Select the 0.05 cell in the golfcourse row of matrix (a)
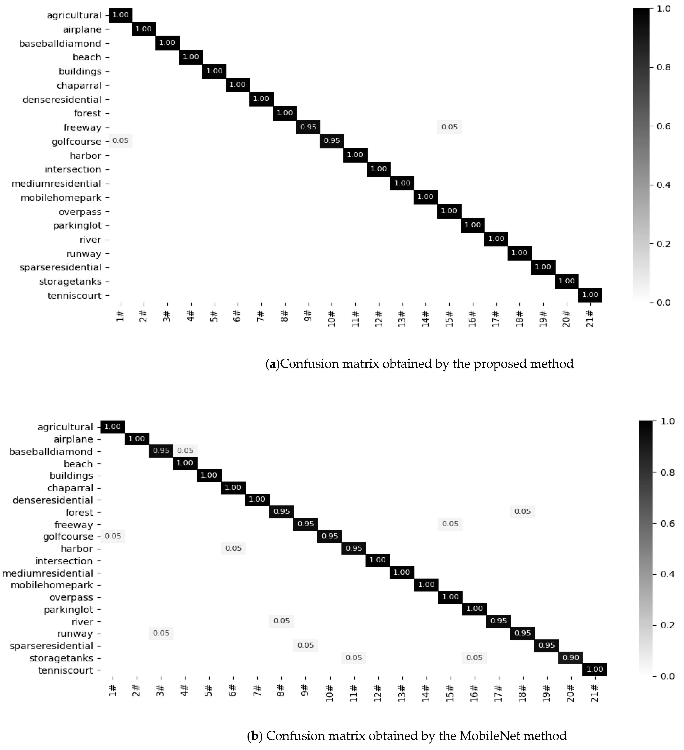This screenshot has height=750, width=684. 120,141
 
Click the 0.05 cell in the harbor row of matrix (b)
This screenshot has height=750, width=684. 233,548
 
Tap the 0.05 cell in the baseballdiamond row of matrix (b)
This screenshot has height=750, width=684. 185,451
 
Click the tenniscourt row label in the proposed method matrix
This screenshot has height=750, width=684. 74,296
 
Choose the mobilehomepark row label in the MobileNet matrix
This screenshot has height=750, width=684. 52,585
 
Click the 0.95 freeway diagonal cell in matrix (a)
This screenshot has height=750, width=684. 308,127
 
